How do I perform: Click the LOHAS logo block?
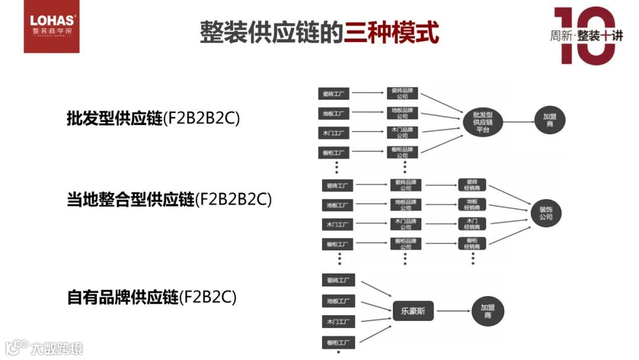(51, 27)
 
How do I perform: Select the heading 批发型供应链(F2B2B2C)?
(153, 118)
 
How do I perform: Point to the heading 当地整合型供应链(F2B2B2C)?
(169, 200)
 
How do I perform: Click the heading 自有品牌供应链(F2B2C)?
(151, 297)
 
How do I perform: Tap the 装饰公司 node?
(546, 213)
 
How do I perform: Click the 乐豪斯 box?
(413, 311)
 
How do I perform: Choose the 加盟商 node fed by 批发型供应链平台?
(550, 121)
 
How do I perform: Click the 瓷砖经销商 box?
(472, 185)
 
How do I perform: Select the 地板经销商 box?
(472, 204)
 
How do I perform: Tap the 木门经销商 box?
(472, 224)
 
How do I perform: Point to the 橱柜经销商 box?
(472, 243)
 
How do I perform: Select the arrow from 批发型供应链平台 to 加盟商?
(518, 122)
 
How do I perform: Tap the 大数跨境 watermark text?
(57, 348)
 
